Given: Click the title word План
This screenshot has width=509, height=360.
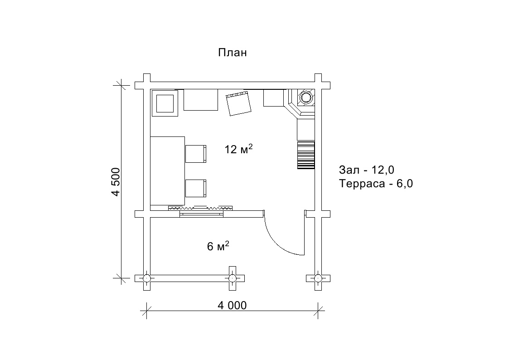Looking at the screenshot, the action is coord(233,53).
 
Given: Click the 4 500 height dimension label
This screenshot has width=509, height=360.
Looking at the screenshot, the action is coord(116,182).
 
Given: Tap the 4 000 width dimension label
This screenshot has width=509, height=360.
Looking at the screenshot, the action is coord(232,305).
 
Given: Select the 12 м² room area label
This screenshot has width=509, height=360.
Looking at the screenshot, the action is coord(238,149).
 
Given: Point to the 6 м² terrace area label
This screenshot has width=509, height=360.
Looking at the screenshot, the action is coord(218,246).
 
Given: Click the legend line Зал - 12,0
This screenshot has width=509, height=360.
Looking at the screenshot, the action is coord(367,170).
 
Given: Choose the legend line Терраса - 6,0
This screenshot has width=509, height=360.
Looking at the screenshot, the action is coord(376,184).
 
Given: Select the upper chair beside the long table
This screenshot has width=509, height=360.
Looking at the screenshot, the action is coord(196,154).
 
